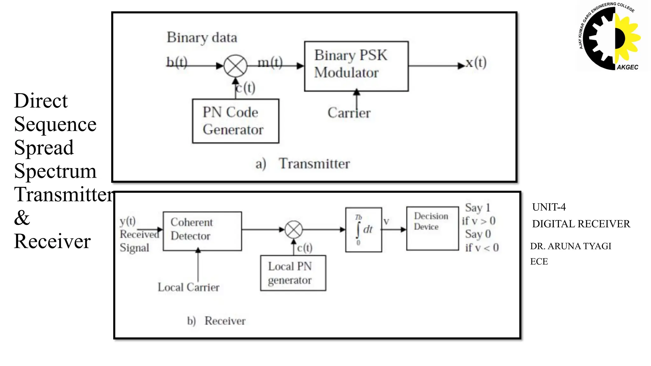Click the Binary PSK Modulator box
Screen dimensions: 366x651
point(356,66)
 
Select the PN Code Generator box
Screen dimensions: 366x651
point(236,121)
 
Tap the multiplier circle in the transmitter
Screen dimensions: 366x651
point(236,66)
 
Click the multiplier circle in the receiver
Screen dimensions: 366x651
point(294,229)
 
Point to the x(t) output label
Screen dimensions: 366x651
point(476,63)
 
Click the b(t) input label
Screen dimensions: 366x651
point(177,62)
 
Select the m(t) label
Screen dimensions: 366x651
point(270,62)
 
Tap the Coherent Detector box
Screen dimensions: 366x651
point(202,231)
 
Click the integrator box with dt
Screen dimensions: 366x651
point(364,230)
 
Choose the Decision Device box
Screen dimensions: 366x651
point(432,228)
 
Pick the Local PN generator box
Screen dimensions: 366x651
point(293,273)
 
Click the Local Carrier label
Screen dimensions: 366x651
point(188,287)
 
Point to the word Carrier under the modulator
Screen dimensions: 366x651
point(349,113)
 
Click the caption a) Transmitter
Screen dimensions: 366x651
point(303,164)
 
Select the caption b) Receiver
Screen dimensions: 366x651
point(216,321)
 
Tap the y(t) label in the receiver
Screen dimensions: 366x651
point(127,221)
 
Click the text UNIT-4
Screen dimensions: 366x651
point(549,207)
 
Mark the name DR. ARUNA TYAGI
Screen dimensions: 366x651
point(571,246)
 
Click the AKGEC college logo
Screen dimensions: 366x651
point(609,37)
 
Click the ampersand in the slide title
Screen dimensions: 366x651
point(22,218)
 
